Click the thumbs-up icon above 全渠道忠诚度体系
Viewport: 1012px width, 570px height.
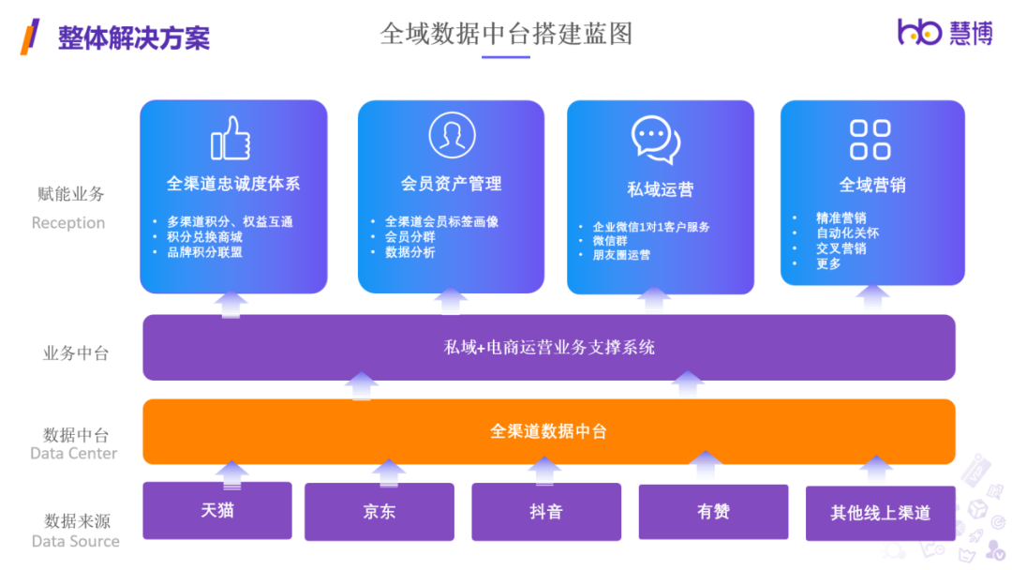(x=231, y=139)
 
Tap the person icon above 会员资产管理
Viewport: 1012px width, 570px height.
(x=452, y=135)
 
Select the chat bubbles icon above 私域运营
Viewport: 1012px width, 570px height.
(x=656, y=140)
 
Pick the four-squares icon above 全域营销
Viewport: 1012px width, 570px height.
(x=870, y=140)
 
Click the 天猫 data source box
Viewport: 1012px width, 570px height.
(x=216, y=511)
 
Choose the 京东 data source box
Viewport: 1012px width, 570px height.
(x=379, y=512)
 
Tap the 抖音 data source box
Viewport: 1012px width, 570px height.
(x=545, y=512)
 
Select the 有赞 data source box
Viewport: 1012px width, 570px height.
(x=713, y=512)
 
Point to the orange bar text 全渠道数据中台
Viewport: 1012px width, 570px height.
(x=548, y=431)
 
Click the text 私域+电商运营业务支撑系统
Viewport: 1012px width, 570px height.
(x=548, y=348)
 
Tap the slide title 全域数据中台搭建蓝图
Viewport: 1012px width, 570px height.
(x=506, y=34)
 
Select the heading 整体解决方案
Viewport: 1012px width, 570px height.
(x=133, y=37)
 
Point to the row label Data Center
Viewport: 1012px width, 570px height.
(x=74, y=454)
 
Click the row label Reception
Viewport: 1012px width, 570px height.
(x=68, y=223)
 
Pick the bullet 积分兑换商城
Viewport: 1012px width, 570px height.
(x=204, y=237)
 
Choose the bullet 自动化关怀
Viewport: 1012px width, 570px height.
(x=847, y=233)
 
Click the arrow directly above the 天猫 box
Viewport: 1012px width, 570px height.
(x=231, y=473)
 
